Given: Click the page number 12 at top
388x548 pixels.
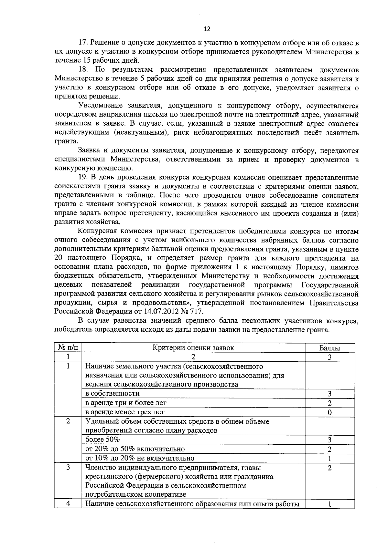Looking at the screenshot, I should tap(207, 29).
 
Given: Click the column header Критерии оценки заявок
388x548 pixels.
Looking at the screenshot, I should tap(193, 348).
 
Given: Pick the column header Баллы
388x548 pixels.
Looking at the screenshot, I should tap(329, 348).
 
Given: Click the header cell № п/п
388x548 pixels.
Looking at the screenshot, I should tap(68, 348).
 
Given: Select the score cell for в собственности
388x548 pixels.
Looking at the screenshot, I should tap(329, 394).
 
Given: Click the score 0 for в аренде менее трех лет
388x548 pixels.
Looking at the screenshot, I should tap(329, 412).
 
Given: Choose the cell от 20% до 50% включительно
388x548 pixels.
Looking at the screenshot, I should tap(135, 449).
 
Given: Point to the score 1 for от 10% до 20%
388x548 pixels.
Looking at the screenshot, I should tap(329, 459).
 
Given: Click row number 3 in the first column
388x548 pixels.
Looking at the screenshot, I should tap(68, 467).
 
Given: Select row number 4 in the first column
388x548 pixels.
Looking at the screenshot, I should tap(68, 504).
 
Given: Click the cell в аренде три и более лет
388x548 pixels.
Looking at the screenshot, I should tap(126, 403).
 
